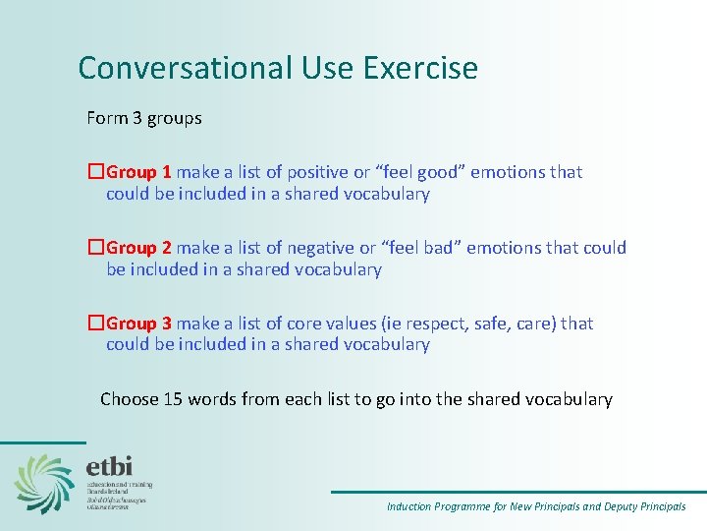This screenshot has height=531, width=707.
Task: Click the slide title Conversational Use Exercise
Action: (x=278, y=69)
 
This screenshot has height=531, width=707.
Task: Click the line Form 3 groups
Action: (x=144, y=118)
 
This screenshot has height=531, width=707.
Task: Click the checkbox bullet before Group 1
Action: (x=95, y=172)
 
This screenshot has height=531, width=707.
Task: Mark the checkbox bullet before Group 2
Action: (x=95, y=248)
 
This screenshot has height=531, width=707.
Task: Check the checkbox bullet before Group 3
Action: (x=95, y=324)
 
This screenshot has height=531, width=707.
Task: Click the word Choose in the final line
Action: (x=129, y=399)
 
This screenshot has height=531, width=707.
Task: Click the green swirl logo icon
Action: (x=44, y=483)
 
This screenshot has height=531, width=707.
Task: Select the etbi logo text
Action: (x=108, y=466)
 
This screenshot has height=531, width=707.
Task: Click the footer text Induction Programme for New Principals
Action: (x=482, y=506)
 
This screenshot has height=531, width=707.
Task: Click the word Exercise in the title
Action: (x=420, y=69)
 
